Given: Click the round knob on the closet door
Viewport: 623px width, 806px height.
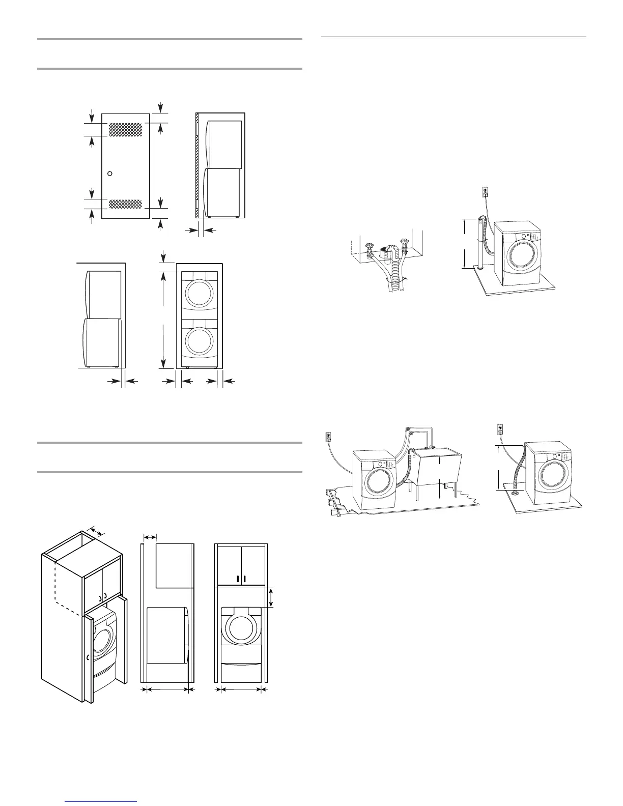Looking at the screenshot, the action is (x=109, y=174).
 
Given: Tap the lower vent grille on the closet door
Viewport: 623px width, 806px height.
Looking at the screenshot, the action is (x=126, y=205).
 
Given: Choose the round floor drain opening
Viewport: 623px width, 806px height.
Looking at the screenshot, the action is (x=516, y=492).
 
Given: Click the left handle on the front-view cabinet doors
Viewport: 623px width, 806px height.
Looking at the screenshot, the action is (x=238, y=579).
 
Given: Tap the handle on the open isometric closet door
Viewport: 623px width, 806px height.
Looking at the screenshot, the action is (x=88, y=657).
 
